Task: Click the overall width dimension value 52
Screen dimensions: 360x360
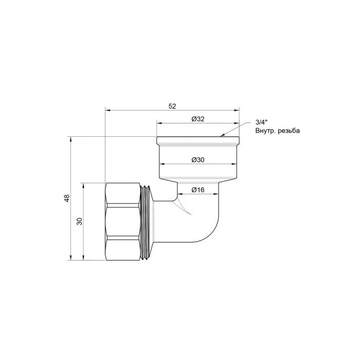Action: (172, 106)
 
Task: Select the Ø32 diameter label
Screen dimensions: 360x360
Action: (199, 119)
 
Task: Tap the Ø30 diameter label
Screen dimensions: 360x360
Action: (199, 159)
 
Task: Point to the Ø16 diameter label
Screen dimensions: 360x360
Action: (198, 190)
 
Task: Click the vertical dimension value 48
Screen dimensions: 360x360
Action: (66, 199)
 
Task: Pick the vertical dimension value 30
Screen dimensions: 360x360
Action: (79, 221)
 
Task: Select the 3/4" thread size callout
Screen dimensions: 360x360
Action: (261, 122)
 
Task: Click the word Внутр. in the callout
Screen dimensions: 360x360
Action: (265, 131)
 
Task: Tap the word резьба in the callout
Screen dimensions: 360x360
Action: (289, 131)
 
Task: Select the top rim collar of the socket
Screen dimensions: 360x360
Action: (199, 140)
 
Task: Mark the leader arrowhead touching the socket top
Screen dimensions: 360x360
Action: (222, 136)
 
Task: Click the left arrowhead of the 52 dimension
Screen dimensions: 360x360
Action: (107, 110)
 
